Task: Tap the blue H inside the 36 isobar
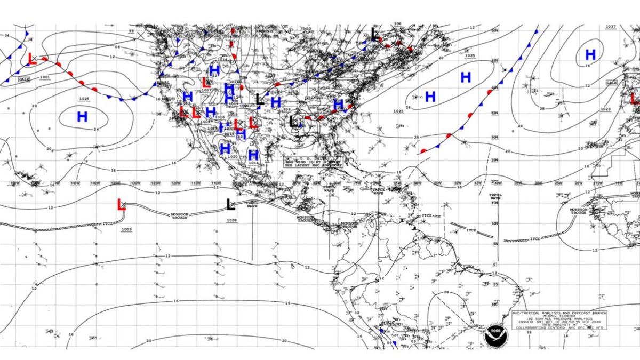(x=590, y=54)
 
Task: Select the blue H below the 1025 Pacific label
(x=82, y=117)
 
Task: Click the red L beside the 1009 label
(x=121, y=205)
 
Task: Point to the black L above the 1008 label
(x=230, y=204)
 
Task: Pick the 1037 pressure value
(x=611, y=27)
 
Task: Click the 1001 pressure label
(x=45, y=78)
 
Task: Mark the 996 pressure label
(x=397, y=24)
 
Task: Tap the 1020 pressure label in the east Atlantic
(x=605, y=109)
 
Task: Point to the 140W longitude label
(x=95, y=183)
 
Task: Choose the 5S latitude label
(x=495, y=284)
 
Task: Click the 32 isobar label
(x=587, y=86)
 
